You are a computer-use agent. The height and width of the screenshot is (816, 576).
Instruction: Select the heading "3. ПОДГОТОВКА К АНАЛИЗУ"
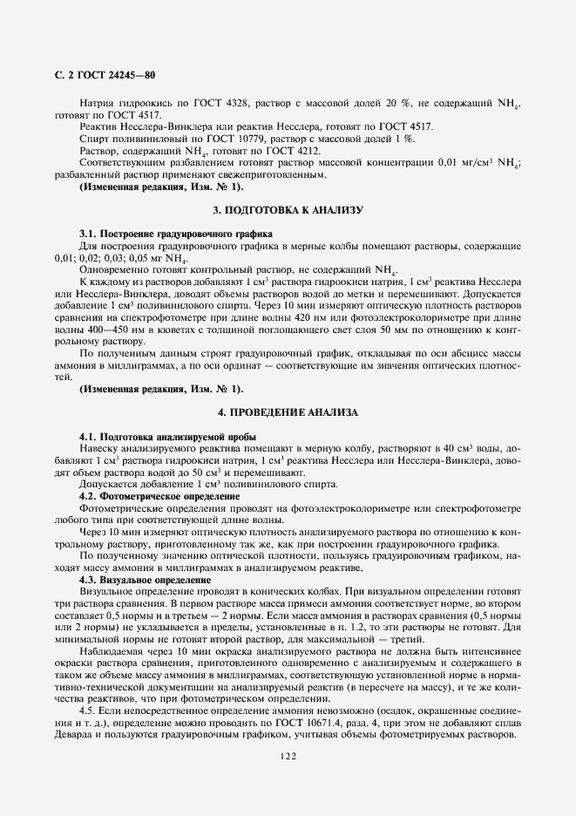[x=288, y=211]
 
